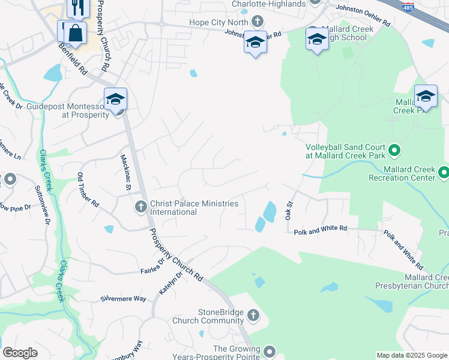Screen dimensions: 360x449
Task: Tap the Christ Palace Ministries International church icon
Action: click(140, 207)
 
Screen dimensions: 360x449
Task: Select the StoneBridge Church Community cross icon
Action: click(253, 315)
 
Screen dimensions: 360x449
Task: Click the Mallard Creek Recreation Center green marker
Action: click(444, 173)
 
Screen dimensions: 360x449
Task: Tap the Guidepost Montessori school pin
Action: click(115, 99)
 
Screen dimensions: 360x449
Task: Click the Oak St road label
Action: click(289, 211)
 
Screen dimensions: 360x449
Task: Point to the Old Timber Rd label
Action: click(88, 190)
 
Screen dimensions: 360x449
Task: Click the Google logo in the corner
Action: click(20, 353)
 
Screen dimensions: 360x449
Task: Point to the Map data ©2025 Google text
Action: click(411, 355)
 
